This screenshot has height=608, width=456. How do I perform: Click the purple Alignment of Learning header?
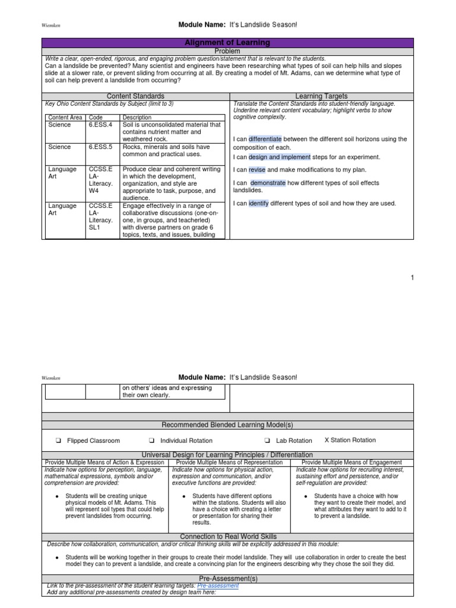pyautogui.click(x=228, y=43)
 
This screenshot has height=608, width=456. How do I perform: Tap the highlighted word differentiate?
pyautogui.click(x=265, y=139)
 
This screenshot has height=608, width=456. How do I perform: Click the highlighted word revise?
pyautogui.click(x=257, y=170)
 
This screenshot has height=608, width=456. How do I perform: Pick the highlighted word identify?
pyautogui.click(x=258, y=204)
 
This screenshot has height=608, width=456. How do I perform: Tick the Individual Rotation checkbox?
pyautogui.click(x=151, y=441)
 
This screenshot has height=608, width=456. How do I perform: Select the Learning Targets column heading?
pyautogui.click(x=321, y=96)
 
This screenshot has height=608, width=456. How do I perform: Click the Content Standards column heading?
pyautogui.click(x=135, y=96)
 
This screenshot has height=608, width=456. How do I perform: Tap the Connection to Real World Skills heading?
pyautogui.click(x=228, y=537)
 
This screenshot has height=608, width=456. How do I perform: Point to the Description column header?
pyautogui.click(x=137, y=118)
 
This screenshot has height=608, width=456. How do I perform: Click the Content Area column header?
pyautogui.click(x=65, y=118)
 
